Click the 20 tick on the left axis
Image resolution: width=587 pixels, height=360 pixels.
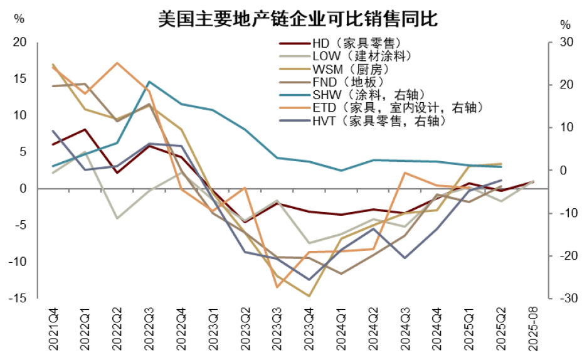[x=20, y=42]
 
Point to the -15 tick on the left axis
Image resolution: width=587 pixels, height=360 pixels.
[x=18, y=299]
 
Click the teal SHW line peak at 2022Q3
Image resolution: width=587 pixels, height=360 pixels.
[x=149, y=82]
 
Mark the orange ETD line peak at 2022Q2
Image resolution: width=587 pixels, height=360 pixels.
[x=117, y=63]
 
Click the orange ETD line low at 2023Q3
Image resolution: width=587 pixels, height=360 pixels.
[x=277, y=287]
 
